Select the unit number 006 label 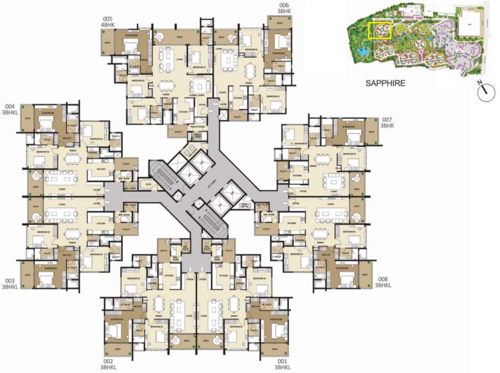coord(285,5)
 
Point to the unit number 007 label coord(387,120)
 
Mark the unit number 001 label coord(282,361)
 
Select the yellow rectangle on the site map coord(379,30)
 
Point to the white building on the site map coord(470,24)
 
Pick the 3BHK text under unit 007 coord(387,126)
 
